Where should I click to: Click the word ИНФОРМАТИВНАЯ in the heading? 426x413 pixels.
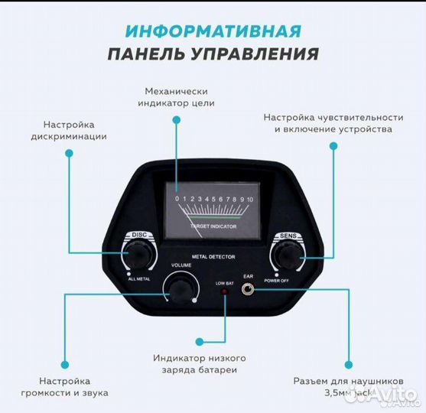tap(213, 31)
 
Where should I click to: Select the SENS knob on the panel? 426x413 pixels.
tap(285, 255)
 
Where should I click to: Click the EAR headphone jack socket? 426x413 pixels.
tap(248, 290)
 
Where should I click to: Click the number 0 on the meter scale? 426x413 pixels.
tap(177, 199)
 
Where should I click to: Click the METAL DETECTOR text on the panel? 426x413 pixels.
tap(213, 257)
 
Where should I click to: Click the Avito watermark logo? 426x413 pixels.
tap(390, 396)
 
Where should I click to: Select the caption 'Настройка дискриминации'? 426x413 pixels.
tap(69, 130)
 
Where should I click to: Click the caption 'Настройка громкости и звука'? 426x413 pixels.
tap(65, 386)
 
